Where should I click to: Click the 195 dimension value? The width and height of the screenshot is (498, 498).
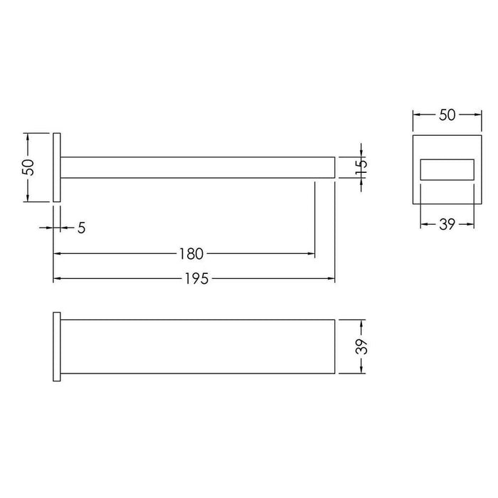(x=196, y=279)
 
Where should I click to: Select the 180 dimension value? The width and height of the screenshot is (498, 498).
(x=191, y=254)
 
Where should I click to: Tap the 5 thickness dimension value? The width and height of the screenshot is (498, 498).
(x=82, y=228)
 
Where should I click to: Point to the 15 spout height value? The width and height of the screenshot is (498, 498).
(x=361, y=167)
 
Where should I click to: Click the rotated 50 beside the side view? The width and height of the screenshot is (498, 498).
(x=28, y=167)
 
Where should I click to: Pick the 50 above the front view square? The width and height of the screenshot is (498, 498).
(x=447, y=115)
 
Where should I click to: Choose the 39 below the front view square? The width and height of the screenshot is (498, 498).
(x=447, y=225)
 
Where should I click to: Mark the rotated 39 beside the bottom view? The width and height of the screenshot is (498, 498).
(x=361, y=346)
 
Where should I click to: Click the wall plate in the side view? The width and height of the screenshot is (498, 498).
(x=57, y=167)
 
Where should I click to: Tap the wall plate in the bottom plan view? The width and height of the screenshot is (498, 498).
(x=57, y=346)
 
